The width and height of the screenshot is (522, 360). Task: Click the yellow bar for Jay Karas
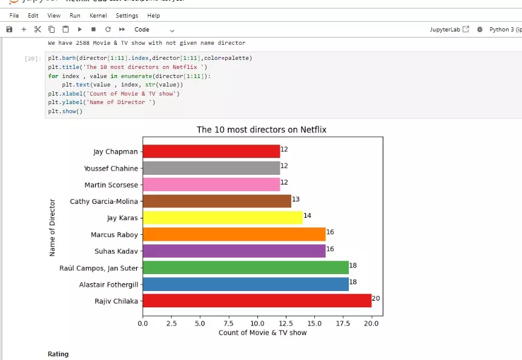pos(222,218)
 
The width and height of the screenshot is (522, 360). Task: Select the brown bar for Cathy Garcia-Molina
pos(217,201)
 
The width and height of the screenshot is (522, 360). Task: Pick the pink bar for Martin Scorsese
pos(211,185)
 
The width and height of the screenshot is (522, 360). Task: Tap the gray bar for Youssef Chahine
pos(211,168)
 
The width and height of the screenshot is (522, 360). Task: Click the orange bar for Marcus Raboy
pos(234,234)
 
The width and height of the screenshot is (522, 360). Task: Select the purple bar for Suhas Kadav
pos(234,251)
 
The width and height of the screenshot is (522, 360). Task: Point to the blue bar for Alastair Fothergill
pos(245,284)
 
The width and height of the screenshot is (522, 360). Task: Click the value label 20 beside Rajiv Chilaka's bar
pos(375,298)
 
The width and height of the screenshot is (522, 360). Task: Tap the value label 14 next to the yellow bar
pos(307,215)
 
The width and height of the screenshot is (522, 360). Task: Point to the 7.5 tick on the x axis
pos(228,324)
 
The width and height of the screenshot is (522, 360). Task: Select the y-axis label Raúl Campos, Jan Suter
pos(99,268)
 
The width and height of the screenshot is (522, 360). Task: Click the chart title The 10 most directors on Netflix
pos(262,130)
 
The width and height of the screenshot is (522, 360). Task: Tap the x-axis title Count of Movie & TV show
pos(262,333)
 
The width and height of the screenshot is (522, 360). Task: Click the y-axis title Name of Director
pos(53,227)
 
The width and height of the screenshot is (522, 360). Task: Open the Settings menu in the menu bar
pos(127,15)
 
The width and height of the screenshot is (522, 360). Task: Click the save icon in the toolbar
pos(9,29)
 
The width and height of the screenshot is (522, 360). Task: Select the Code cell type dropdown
pos(154,30)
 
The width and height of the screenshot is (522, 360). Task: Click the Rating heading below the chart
pos(58,354)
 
